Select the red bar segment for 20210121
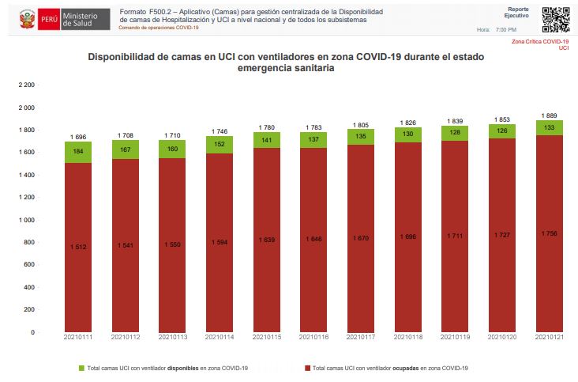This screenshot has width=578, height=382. click(550, 233)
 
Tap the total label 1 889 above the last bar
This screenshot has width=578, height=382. click(550, 115)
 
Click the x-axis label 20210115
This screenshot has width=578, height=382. click(267, 338)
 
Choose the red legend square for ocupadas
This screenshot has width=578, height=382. click(306, 368)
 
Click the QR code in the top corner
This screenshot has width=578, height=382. click(555, 19)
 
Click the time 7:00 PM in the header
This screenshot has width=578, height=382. click(506, 29)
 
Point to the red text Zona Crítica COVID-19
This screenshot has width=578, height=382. click(540, 41)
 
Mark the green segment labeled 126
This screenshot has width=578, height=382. click(502, 131)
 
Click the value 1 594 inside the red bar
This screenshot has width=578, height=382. click(220, 242)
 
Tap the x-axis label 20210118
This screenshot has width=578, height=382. click(408, 338)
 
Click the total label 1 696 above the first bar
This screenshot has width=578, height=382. click(78, 137)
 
